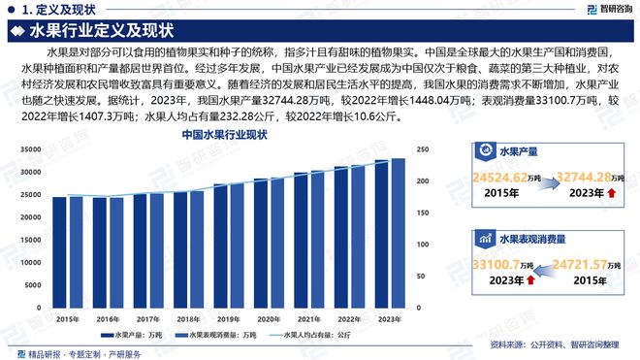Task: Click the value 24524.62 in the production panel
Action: [501, 179]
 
